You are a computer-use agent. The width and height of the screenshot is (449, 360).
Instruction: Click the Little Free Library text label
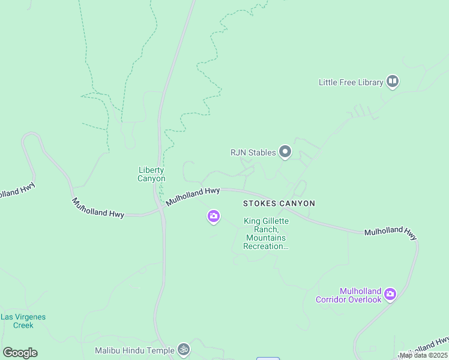coord(351,82)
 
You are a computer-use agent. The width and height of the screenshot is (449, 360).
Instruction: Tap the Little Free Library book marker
coord(393,81)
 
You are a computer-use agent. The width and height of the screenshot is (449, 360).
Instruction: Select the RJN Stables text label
coord(253,152)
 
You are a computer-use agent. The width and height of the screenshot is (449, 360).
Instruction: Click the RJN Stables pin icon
coord(285,152)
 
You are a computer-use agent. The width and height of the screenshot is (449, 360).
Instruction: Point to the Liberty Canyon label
coord(151,174)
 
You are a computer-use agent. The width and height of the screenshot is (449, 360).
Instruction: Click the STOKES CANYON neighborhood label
coord(279,203)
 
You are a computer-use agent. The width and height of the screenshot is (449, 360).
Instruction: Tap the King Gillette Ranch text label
coord(266,233)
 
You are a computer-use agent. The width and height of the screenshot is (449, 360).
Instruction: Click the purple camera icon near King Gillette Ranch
coord(213,216)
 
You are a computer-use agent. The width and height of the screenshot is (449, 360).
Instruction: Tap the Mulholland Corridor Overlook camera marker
coord(390,294)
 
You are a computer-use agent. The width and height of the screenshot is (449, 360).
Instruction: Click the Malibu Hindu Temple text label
coord(134,350)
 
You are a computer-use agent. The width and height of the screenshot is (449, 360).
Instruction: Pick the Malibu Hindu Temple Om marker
coord(184,349)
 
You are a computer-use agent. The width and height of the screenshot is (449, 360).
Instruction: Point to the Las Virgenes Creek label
coord(23,321)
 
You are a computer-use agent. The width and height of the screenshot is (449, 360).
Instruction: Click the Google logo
coord(20,353)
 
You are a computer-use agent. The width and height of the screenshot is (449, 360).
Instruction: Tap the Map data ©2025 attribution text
coord(423,355)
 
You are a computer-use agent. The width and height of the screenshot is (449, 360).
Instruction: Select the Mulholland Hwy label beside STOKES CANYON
coord(193,196)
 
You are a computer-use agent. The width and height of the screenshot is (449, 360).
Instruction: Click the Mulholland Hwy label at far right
coord(390,233)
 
